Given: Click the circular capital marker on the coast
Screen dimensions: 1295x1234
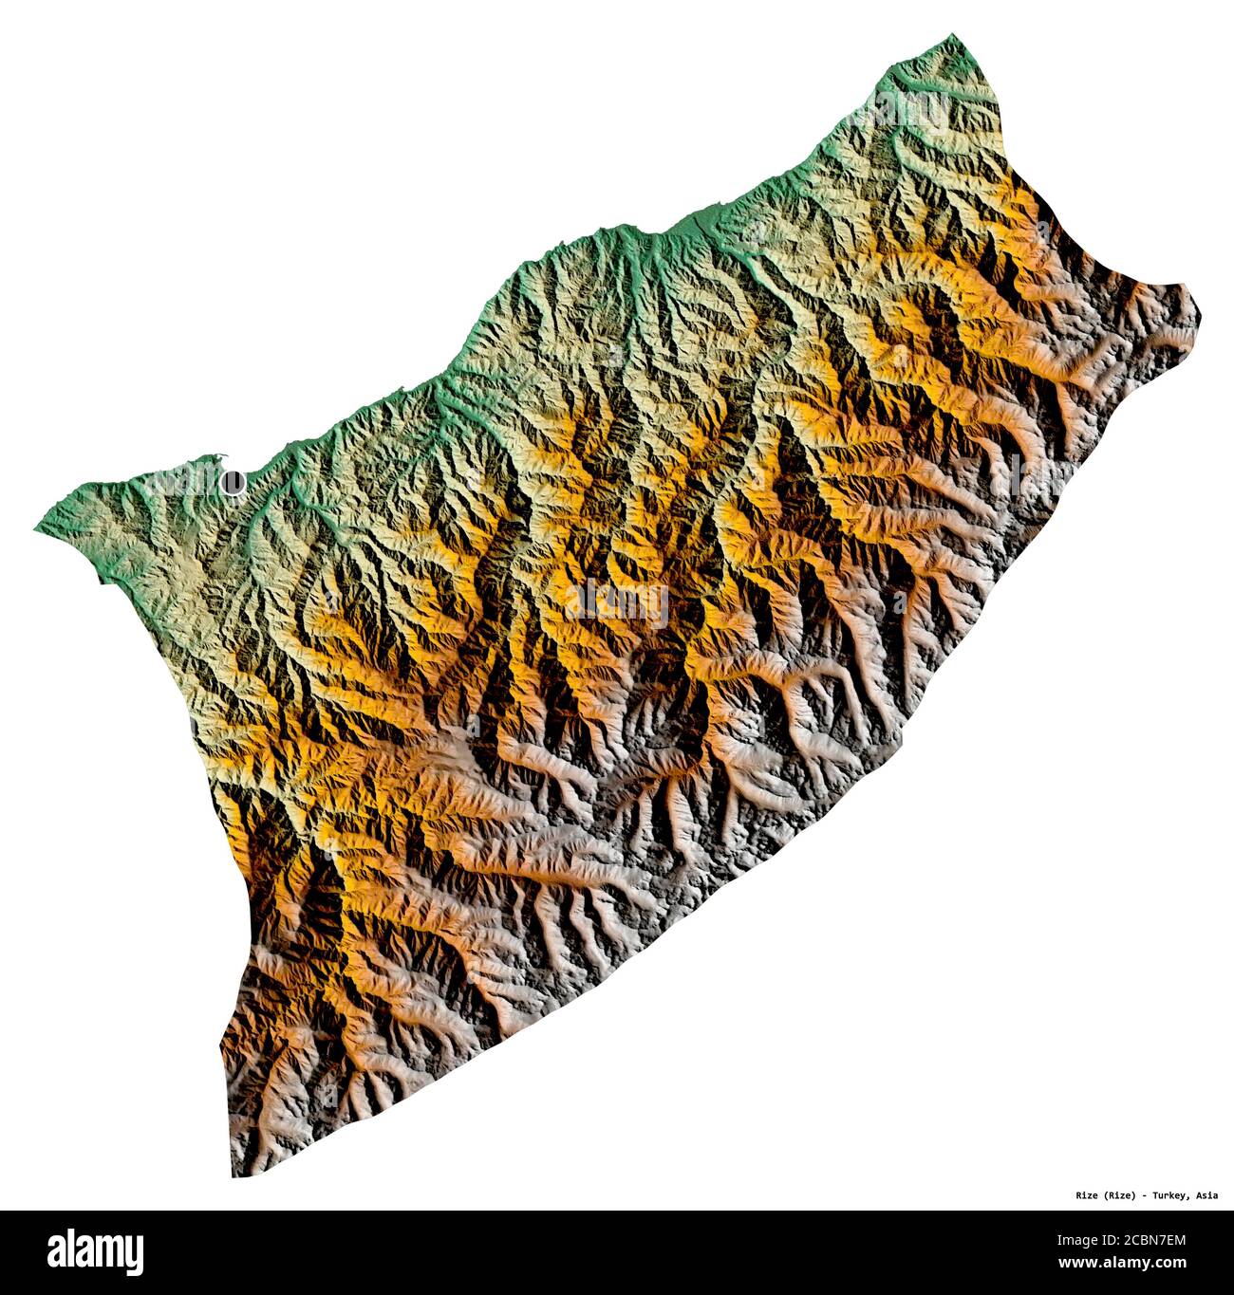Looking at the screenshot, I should click(x=232, y=483).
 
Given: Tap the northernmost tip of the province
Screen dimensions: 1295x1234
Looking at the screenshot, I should click(x=952, y=36).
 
